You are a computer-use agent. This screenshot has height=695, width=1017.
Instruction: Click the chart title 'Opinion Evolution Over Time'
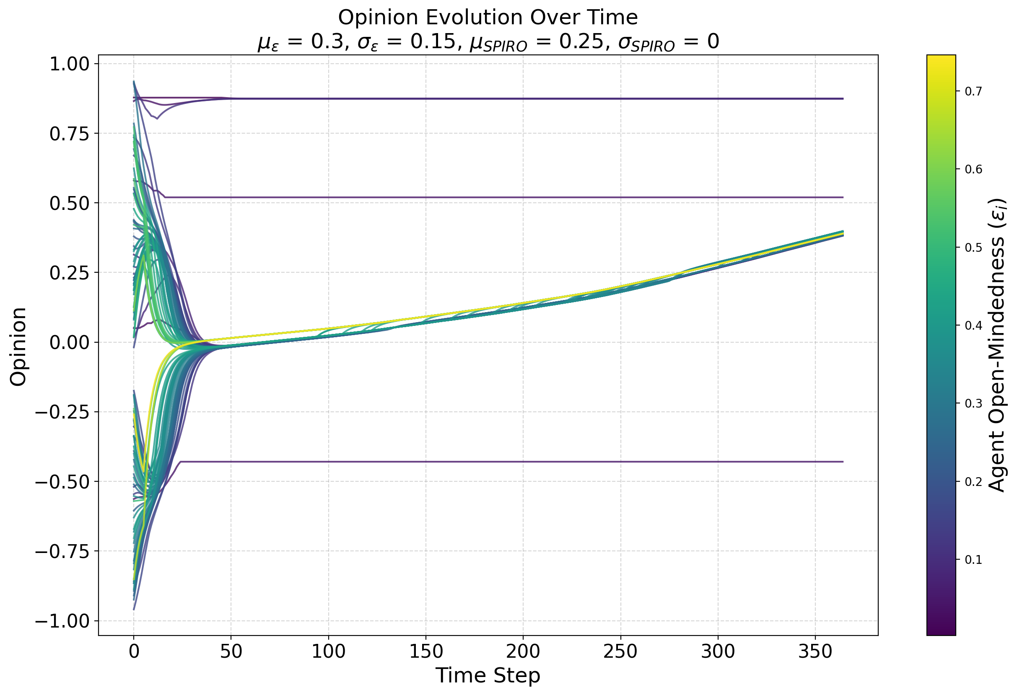pos(488,18)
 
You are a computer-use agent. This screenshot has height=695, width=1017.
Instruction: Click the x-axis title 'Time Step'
pos(488,675)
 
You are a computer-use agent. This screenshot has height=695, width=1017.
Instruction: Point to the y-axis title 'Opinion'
pos(18,346)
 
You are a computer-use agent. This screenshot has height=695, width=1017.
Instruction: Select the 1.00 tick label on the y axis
pos(69,64)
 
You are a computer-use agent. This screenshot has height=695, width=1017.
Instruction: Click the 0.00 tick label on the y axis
pos(69,342)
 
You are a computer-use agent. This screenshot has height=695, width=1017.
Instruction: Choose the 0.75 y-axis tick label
pos(69,134)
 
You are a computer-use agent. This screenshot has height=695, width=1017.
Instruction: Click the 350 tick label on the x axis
pos(815,652)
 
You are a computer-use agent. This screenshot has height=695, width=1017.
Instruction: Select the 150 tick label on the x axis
pos(425,652)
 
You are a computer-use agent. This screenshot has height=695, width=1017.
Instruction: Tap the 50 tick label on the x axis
pos(231,652)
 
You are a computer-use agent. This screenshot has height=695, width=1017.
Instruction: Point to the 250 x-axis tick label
pos(620,652)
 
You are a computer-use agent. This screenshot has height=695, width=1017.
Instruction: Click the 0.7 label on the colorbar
pos(973,91)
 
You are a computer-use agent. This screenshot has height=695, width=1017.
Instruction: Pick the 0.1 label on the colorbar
pos(973,560)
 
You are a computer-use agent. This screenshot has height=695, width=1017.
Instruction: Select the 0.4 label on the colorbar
pos(973,326)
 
